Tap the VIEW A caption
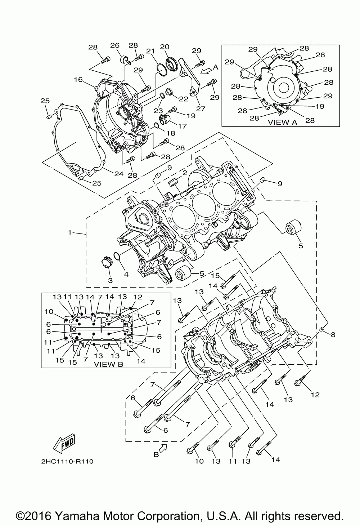(283, 122)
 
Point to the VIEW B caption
(108, 364)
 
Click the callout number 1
(69, 232)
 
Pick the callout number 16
(78, 80)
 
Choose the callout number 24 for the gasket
(119, 174)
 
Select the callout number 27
(201, 108)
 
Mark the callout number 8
(333, 335)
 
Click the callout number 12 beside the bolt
(315, 395)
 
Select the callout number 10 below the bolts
(199, 461)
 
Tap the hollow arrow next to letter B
(163, 448)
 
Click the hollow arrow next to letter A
(206, 71)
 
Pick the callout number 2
(185, 173)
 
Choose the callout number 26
(115, 45)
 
